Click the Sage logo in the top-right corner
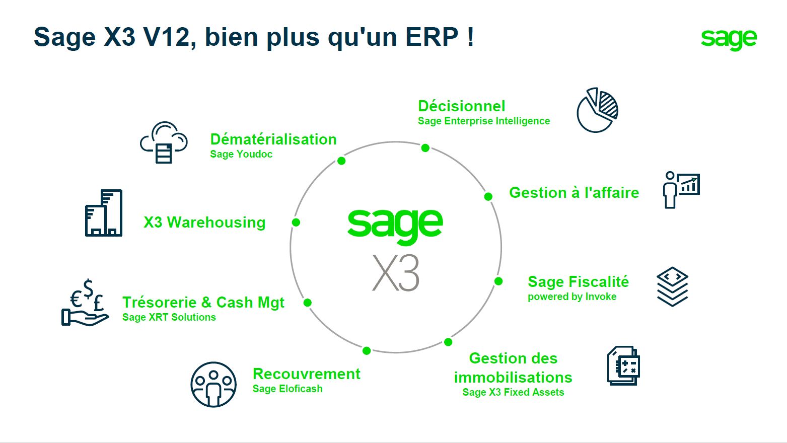click(x=729, y=39)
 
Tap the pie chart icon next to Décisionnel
click(x=597, y=110)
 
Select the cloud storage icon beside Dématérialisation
click(x=164, y=142)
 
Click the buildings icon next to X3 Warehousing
click(x=104, y=213)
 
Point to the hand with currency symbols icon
click(x=86, y=303)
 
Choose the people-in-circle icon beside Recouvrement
click(x=213, y=385)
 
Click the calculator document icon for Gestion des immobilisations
click(x=624, y=365)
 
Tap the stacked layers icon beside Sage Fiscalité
click(x=673, y=286)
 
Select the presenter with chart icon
click(x=681, y=190)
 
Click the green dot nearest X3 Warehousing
click(x=296, y=223)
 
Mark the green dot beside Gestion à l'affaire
click(x=488, y=196)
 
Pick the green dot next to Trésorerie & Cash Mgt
click(x=308, y=303)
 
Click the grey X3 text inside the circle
click(x=396, y=273)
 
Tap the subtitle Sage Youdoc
click(x=241, y=154)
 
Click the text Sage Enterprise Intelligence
click(x=484, y=121)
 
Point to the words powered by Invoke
click(x=572, y=297)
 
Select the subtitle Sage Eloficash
click(x=288, y=389)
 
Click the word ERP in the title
click(x=432, y=37)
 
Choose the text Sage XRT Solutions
click(x=169, y=317)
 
